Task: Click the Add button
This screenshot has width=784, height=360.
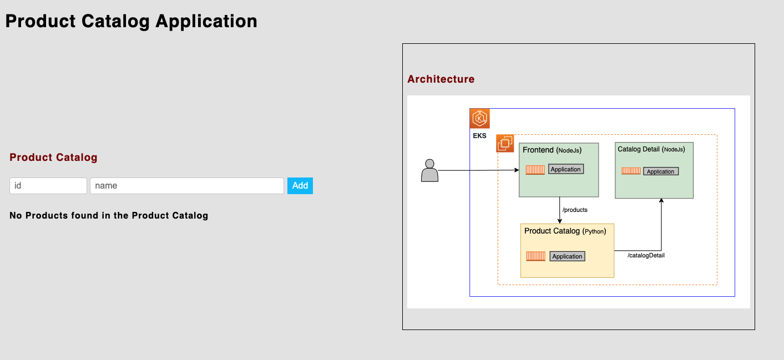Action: click(300, 186)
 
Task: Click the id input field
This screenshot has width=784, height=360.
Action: click(48, 186)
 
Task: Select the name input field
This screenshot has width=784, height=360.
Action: click(187, 186)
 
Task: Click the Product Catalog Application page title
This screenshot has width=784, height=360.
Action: click(131, 21)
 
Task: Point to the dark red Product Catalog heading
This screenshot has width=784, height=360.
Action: click(53, 158)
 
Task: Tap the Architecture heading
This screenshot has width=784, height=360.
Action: click(441, 79)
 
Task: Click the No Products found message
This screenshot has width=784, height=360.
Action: click(109, 216)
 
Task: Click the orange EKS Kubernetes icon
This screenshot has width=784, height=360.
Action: click(479, 119)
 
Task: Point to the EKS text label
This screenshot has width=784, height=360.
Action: click(479, 135)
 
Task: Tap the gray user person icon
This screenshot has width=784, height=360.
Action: click(429, 171)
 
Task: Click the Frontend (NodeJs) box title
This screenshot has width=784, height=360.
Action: click(552, 150)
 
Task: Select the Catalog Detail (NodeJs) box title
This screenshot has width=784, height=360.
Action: click(651, 149)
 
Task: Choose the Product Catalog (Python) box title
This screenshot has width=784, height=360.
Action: click(565, 231)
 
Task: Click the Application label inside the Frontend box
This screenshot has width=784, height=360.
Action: click(565, 169)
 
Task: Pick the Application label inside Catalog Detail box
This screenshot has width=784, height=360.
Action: click(660, 171)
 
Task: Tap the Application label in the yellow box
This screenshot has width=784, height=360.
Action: click(567, 256)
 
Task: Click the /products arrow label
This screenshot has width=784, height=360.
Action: click(575, 210)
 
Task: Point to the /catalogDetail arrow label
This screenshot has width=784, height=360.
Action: click(646, 255)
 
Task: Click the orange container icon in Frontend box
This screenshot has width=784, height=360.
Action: click(535, 170)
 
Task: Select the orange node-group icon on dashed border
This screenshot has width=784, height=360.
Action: click(505, 144)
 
